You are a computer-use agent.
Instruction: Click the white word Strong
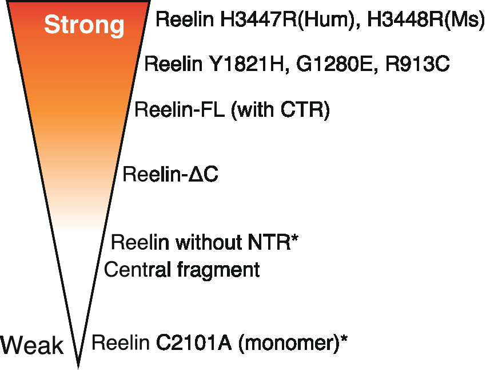tap(84, 25)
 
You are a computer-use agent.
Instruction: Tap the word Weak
tap(32, 345)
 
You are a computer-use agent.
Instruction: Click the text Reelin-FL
tap(180, 109)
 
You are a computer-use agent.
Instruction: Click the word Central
tap(137, 269)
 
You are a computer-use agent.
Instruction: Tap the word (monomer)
tap(287, 344)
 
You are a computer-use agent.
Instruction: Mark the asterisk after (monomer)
tap(344, 340)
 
